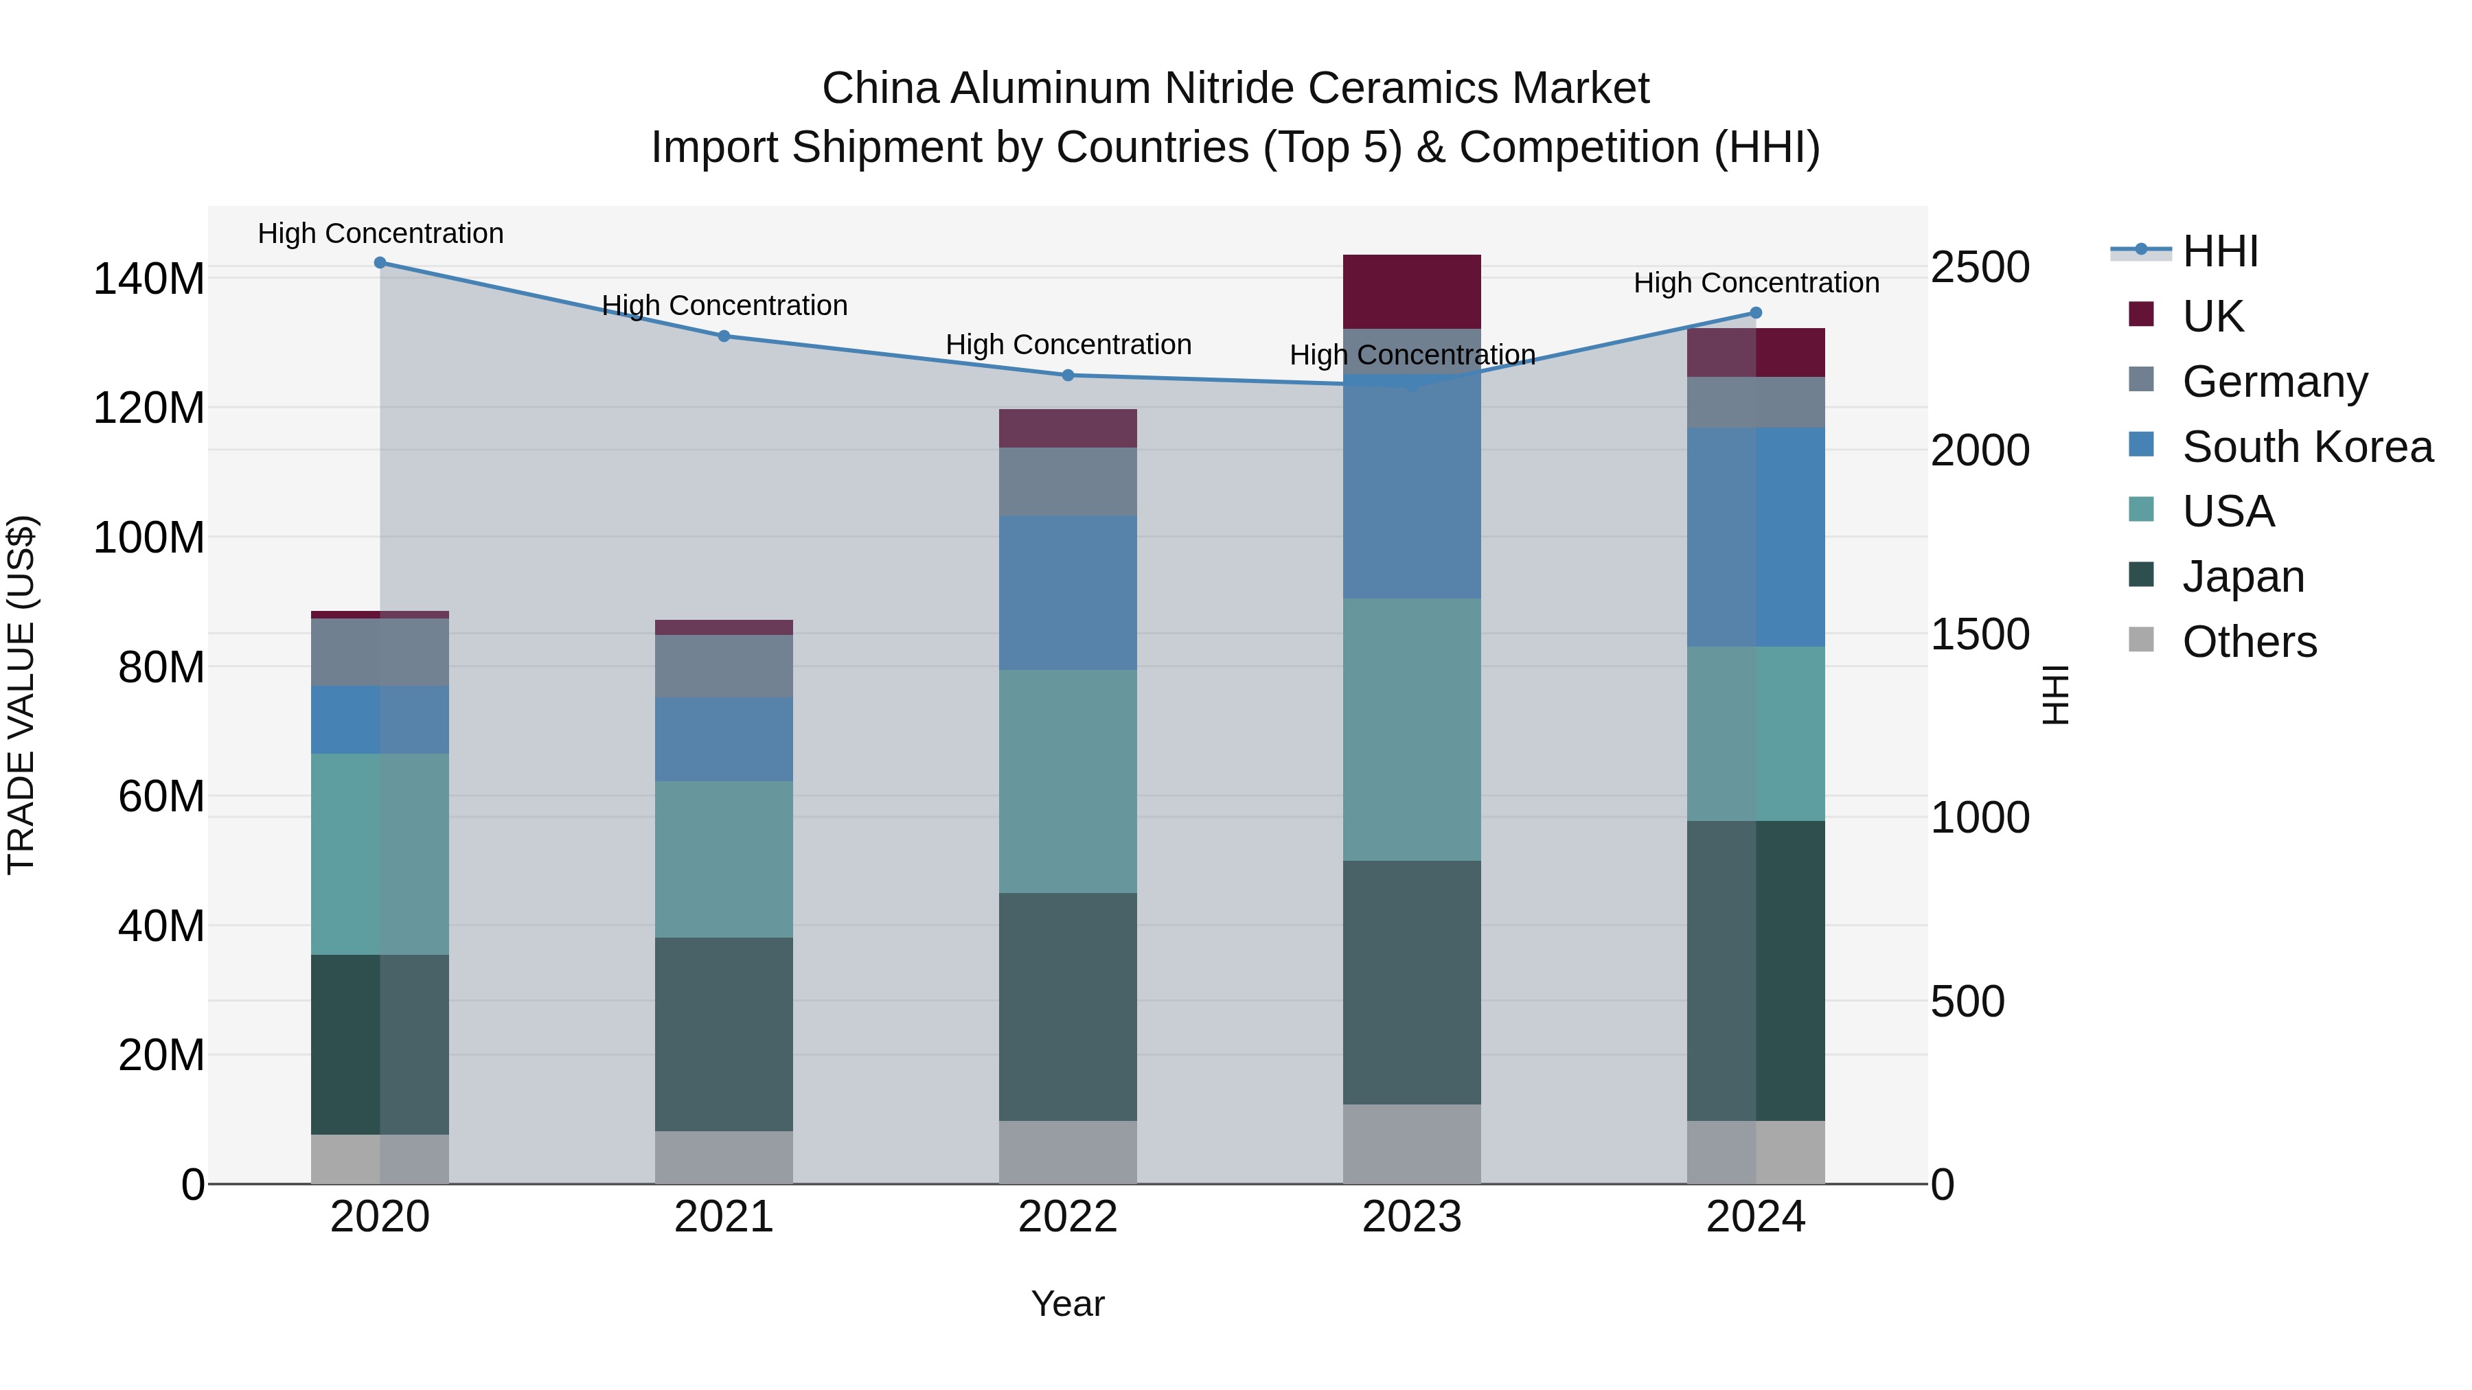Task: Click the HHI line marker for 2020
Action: [x=380, y=263]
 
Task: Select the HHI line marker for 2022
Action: [x=1068, y=375]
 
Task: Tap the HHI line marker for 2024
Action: [x=1756, y=313]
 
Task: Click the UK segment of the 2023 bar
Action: [x=1412, y=292]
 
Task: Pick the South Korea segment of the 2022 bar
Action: [x=1068, y=593]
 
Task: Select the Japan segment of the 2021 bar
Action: [x=724, y=1034]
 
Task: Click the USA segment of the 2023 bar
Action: [x=1412, y=729]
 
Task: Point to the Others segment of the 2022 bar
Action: [x=1068, y=1152]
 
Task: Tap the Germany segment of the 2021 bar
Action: [x=724, y=666]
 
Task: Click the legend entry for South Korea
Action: [x=2307, y=447]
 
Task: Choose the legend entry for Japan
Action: [x=2243, y=577]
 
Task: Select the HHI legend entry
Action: [x=2219, y=253]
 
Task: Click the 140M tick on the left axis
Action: [x=149, y=279]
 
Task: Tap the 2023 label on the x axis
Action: [x=1412, y=1217]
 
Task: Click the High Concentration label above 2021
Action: [x=724, y=306]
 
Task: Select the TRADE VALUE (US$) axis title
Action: [x=22, y=695]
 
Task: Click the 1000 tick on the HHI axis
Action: [x=1980, y=818]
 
